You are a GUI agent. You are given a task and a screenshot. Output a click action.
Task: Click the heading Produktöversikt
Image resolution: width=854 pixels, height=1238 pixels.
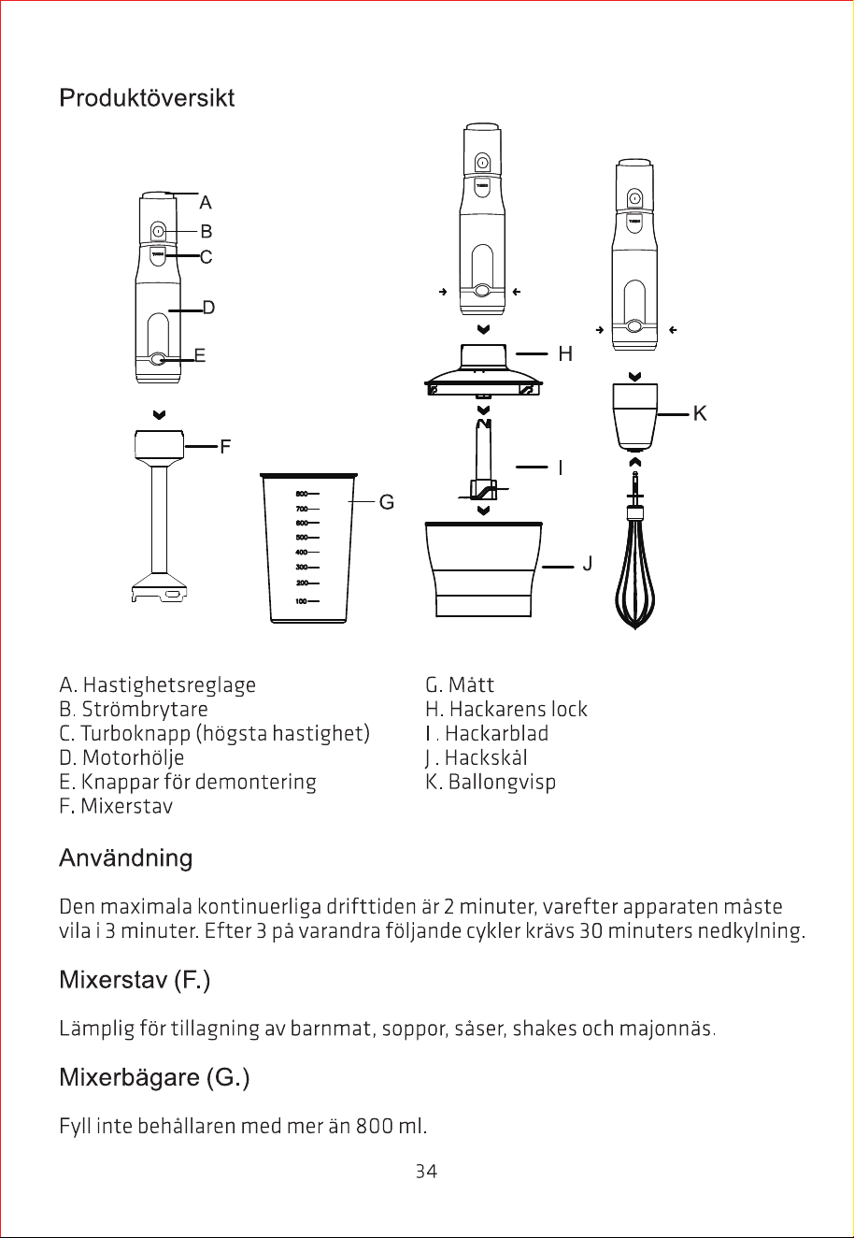pyautogui.click(x=147, y=98)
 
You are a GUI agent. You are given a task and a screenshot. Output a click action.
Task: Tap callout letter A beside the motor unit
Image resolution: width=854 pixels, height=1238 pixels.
pyautogui.click(x=206, y=203)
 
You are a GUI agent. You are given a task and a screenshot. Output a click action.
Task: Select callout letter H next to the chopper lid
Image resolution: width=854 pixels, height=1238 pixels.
pyautogui.click(x=565, y=353)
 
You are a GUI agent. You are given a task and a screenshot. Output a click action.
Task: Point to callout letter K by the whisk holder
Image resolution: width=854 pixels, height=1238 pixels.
pyautogui.click(x=700, y=413)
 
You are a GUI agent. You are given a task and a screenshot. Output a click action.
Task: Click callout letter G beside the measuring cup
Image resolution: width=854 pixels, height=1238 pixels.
pyautogui.click(x=387, y=502)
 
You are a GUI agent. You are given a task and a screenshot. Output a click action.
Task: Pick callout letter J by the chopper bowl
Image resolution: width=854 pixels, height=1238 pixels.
pyautogui.click(x=588, y=564)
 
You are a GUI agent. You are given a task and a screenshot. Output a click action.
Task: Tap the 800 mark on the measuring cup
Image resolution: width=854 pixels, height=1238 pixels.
pyautogui.click(x=302, y=494)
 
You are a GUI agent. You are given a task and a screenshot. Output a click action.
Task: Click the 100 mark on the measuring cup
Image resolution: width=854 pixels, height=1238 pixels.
pyautogui.click(x=301, y=601)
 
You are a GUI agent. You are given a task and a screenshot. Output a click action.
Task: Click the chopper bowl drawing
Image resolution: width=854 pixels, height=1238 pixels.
pyautogui.click(x=484, y=569)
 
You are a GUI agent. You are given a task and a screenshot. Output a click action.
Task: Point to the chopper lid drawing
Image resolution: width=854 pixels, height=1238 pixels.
pyautogui.click(x=483, y=370)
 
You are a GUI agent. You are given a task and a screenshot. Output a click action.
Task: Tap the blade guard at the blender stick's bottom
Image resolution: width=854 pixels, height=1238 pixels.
pyautogui.click(x=160, y=587)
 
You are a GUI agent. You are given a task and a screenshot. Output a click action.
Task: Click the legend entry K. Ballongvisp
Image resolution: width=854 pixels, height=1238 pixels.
pyautogui.click(x=491, y=783)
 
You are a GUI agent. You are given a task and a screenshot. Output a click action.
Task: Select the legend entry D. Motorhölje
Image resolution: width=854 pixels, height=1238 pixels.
pyautogui.click(x=121, y=757)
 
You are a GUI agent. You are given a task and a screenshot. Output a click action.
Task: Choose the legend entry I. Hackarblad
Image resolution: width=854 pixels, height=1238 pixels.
pyautogui.click(x=487, y=733)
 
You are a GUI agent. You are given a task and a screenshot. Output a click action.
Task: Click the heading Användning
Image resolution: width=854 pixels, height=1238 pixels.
pyautogui.click(x=126, y=858)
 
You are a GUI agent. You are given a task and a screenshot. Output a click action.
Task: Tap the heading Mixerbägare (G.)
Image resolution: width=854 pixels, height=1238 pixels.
pyautogui.click(x=155, y=1077)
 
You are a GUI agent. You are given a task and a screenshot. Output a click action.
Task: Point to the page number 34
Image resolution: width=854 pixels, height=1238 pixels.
pyautogui.click(x=426, y=1172)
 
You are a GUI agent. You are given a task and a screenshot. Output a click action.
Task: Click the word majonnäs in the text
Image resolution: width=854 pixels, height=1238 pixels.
pyautogui.click(x=667, y=1029)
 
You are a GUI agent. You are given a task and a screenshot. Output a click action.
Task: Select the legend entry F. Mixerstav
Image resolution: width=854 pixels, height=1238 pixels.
pyautogui.click(x=116, y=806)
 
